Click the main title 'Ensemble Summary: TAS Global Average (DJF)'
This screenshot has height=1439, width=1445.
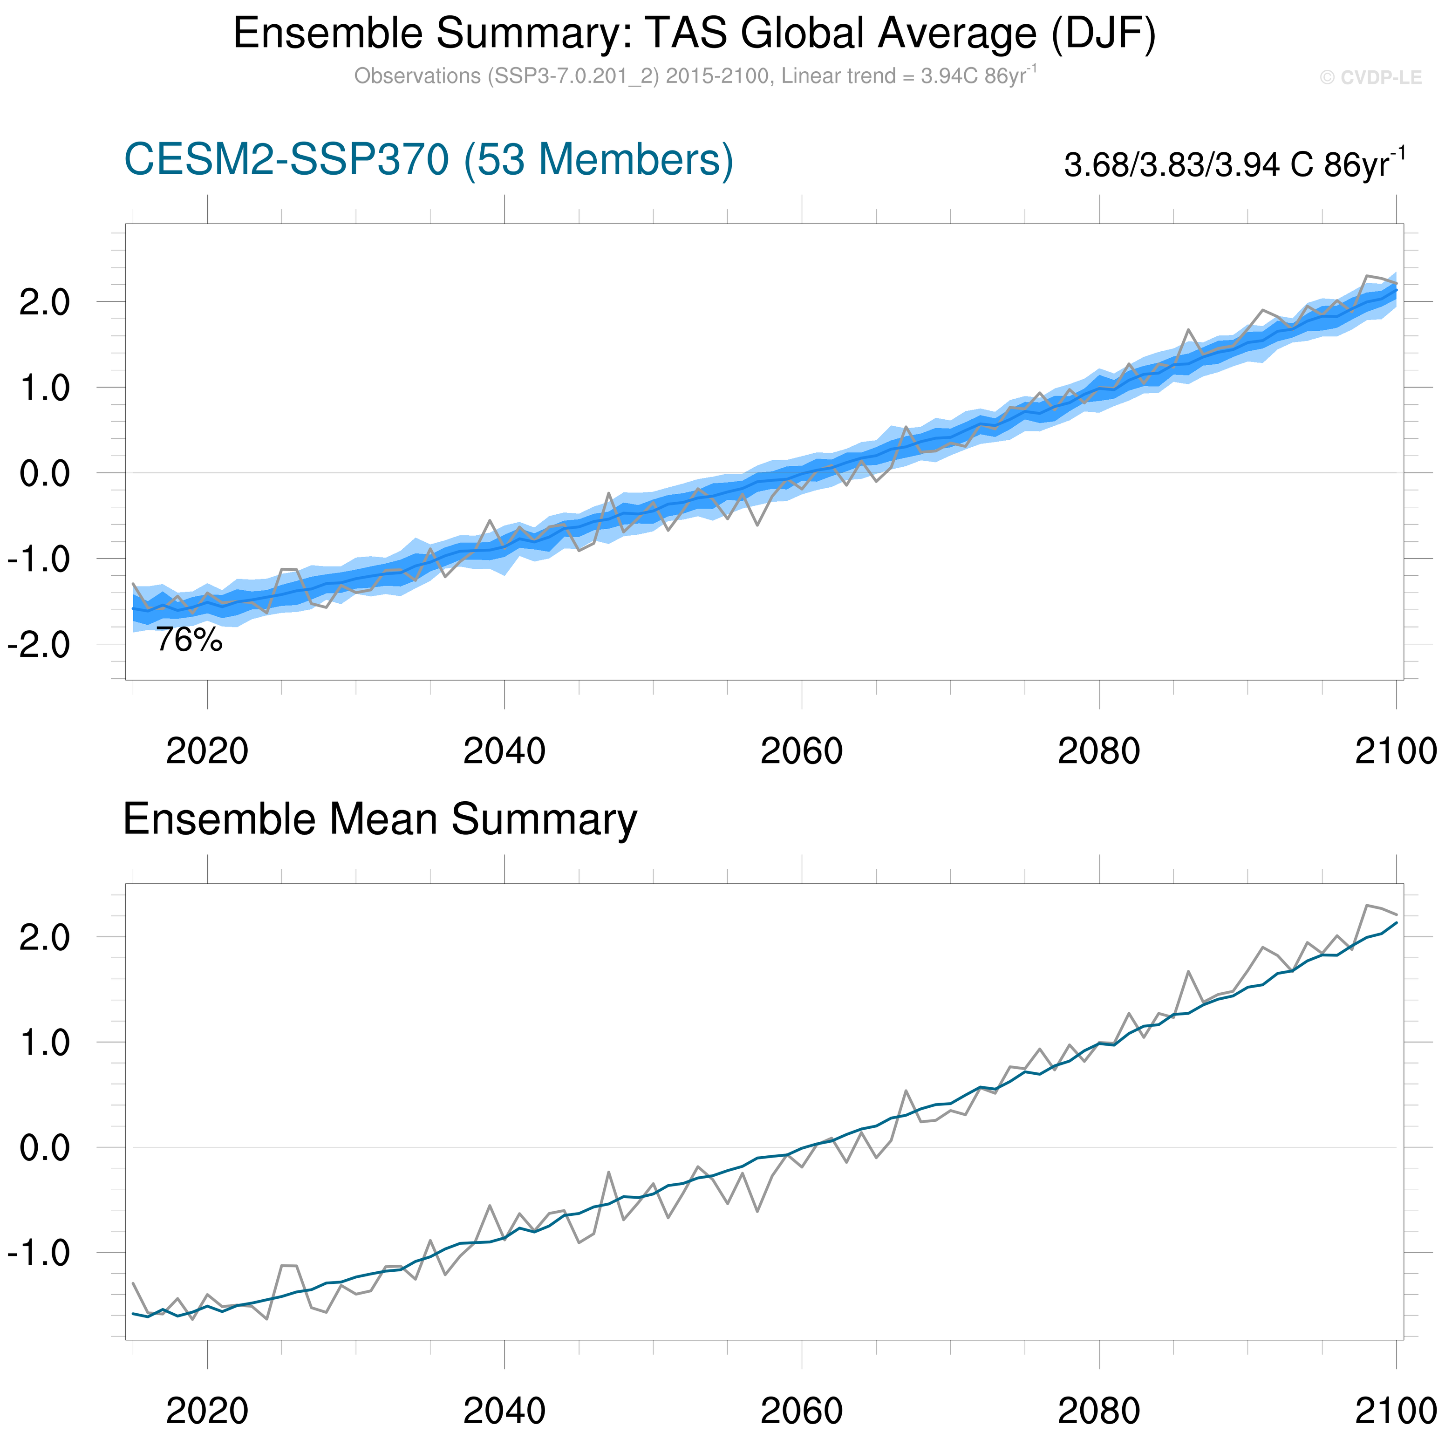pyautogui.click(x=694, y=34)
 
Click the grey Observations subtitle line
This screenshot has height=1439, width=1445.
pyautogui.click(x=694, y=76)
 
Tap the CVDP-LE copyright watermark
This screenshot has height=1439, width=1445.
pyautogui.click(x=1370, y=78)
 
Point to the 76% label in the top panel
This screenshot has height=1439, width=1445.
pyautogui.click(x=189, y=640)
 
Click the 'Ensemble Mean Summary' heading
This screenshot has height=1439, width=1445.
pyautogui.click(x=380, y=820)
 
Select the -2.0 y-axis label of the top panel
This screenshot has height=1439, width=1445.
pyautogui.click(x=39, y=645)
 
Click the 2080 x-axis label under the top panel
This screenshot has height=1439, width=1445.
pyautogui.click(x=1099, y=751)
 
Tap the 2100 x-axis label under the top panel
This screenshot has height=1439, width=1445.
pyautogui.click(x=1396, y=751)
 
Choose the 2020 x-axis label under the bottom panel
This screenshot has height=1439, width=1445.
pyautogui.click(x=207, y=1411)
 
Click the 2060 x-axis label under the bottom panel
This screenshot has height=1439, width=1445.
pyautogui.click(x=801, y=1411)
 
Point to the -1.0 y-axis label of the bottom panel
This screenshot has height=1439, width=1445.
pyautogui.click(x=39, y=1253)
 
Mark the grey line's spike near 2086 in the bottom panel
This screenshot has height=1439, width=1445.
pyautogui.click(x=1188, y=972)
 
